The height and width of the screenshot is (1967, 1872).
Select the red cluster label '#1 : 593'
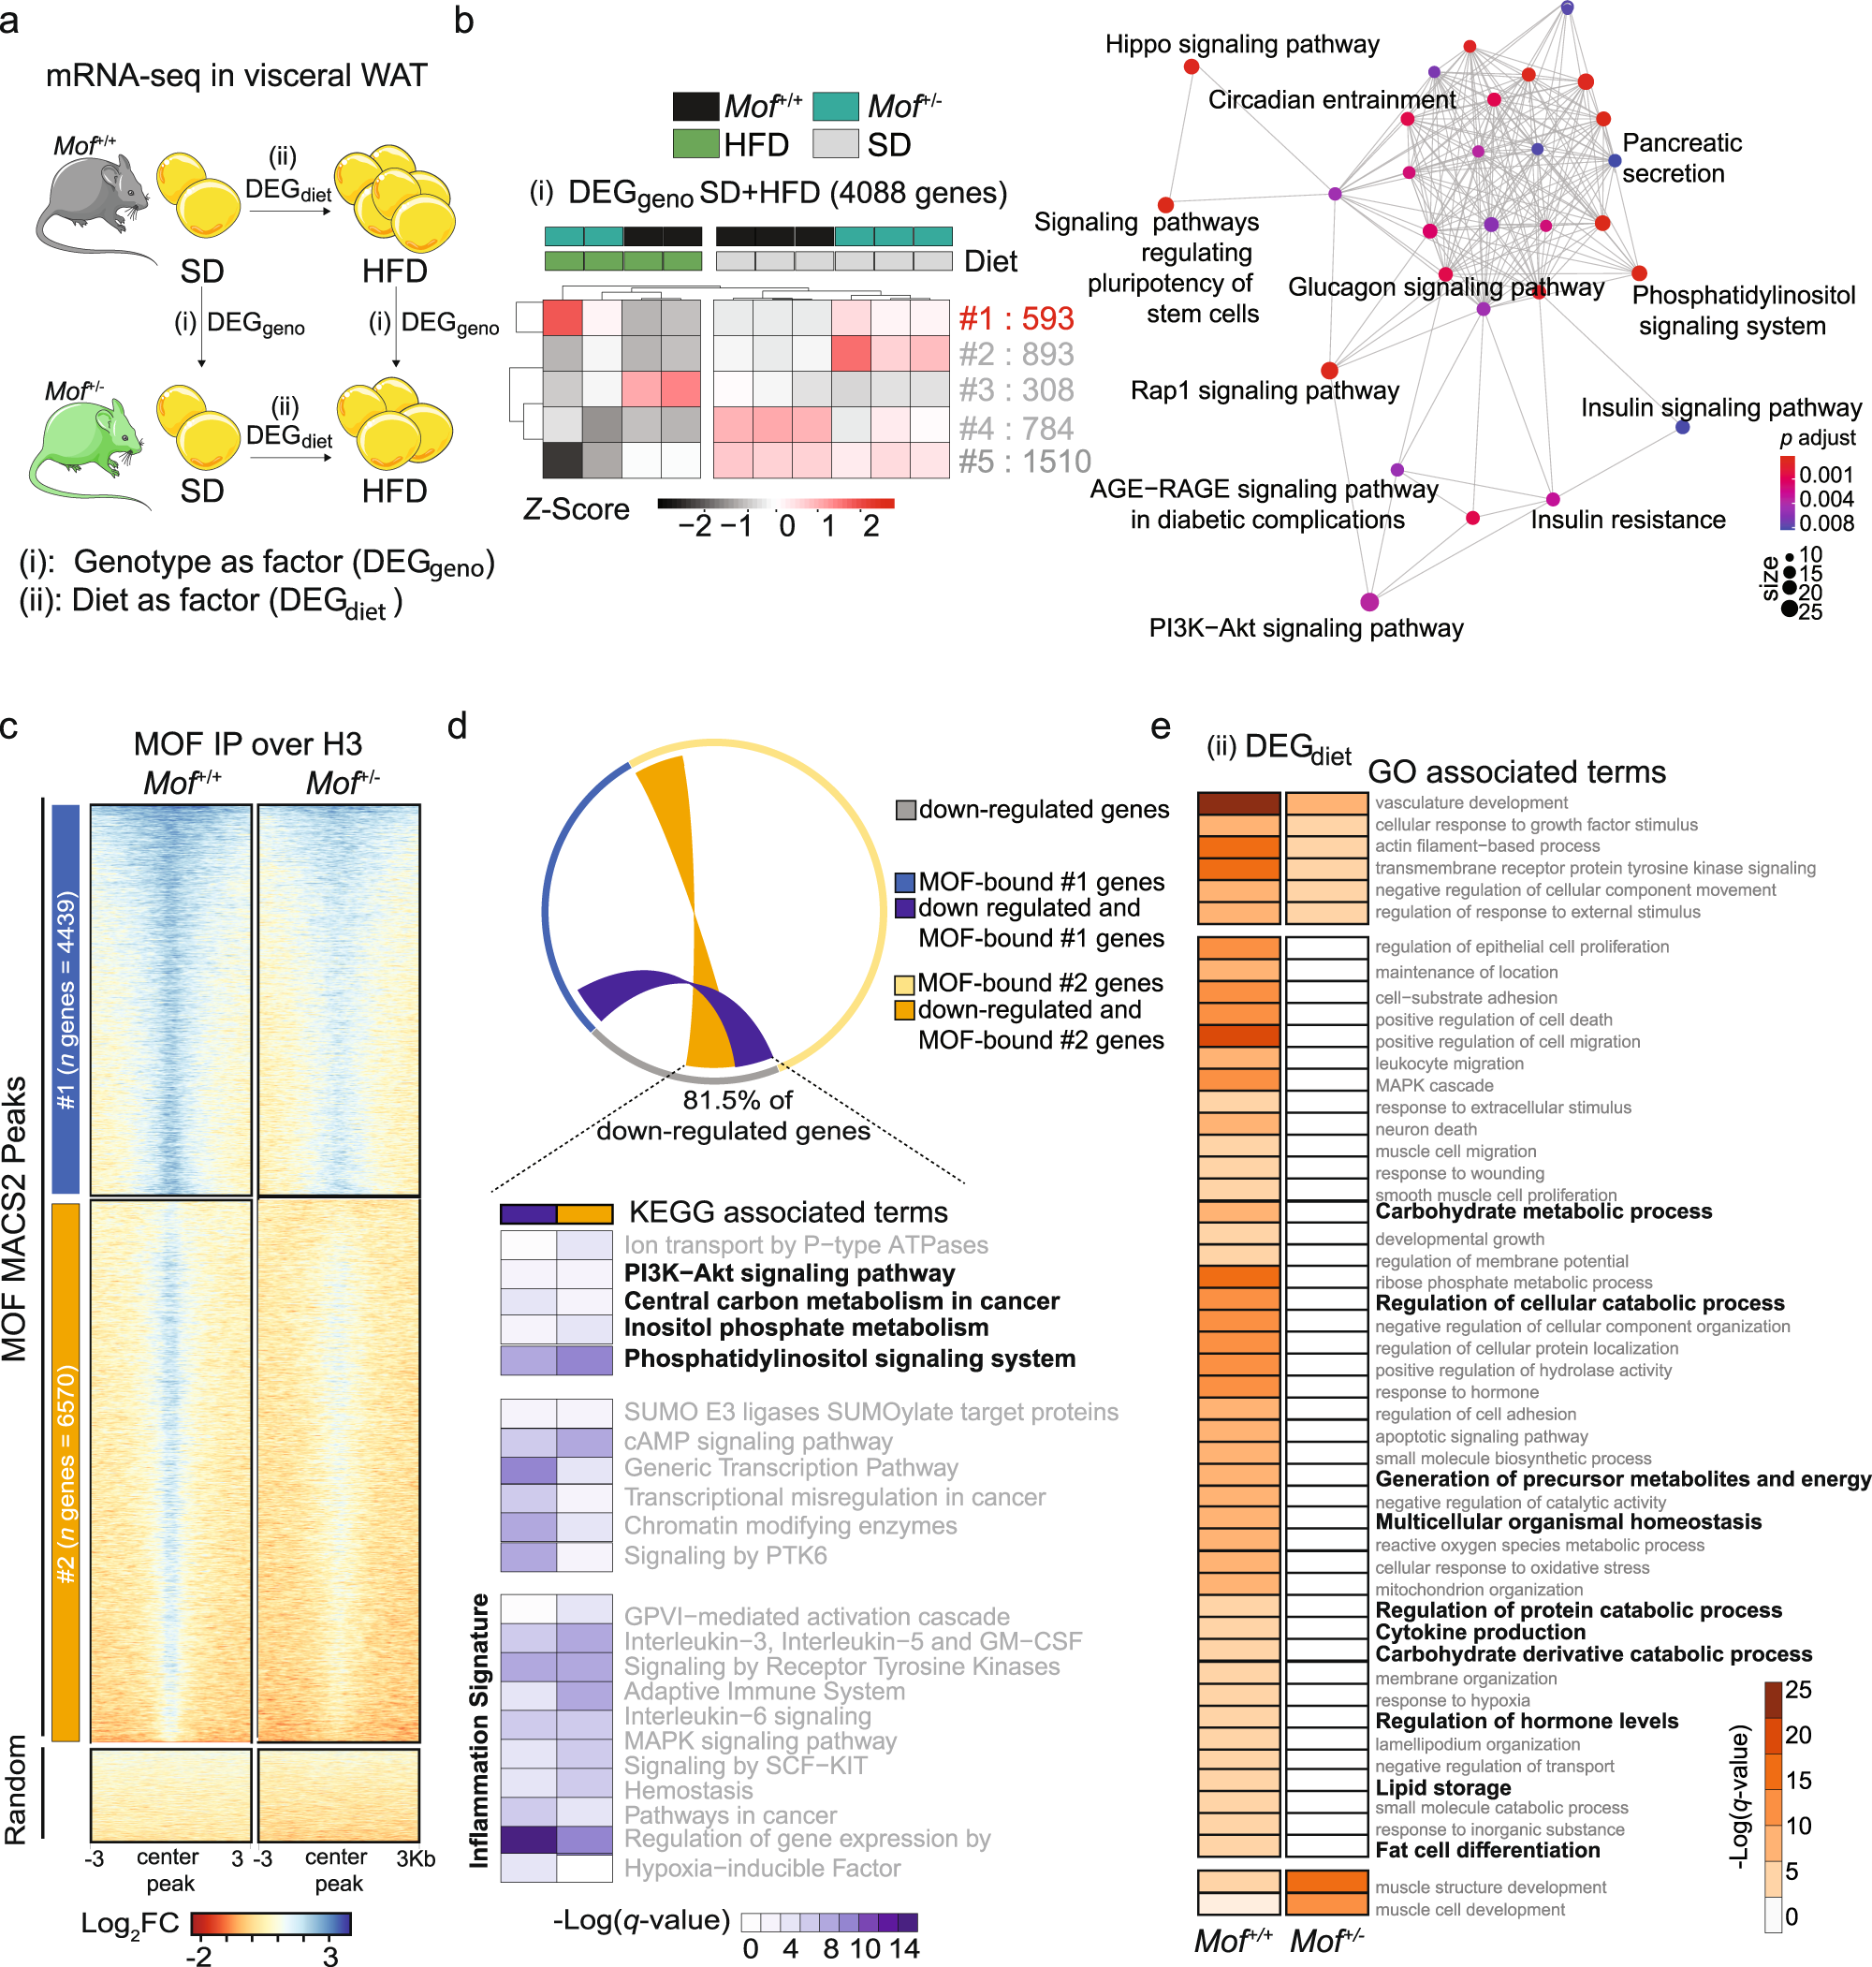pos(1015,318)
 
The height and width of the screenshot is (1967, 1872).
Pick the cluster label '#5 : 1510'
pos(1024,462)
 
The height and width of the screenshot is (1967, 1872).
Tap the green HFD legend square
pos(695,145)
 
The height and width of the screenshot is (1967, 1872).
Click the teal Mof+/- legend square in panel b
pos(835,106)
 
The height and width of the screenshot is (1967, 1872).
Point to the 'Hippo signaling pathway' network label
pos(1241,44)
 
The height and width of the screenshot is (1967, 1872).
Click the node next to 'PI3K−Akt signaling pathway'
pos(1369,601)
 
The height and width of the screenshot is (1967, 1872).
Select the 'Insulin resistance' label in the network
pos(1627,520)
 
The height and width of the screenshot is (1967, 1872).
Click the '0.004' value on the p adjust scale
pos(1825,498)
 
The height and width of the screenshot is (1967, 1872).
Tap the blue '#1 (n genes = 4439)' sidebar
pos(66,998)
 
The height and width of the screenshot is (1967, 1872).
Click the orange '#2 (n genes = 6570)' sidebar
pos(66,1472)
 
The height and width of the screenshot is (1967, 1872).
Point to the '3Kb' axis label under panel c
pos(415,1858)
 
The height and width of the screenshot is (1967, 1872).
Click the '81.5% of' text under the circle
pos(737,1100)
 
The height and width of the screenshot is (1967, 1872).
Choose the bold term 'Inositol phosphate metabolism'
pos(805,1328)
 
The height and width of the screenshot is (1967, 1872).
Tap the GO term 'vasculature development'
pos(1470,802)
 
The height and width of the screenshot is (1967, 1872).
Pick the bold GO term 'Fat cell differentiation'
pos(1486,1849)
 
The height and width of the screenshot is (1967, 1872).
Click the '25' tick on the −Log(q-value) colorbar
pos(1797,1690)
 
